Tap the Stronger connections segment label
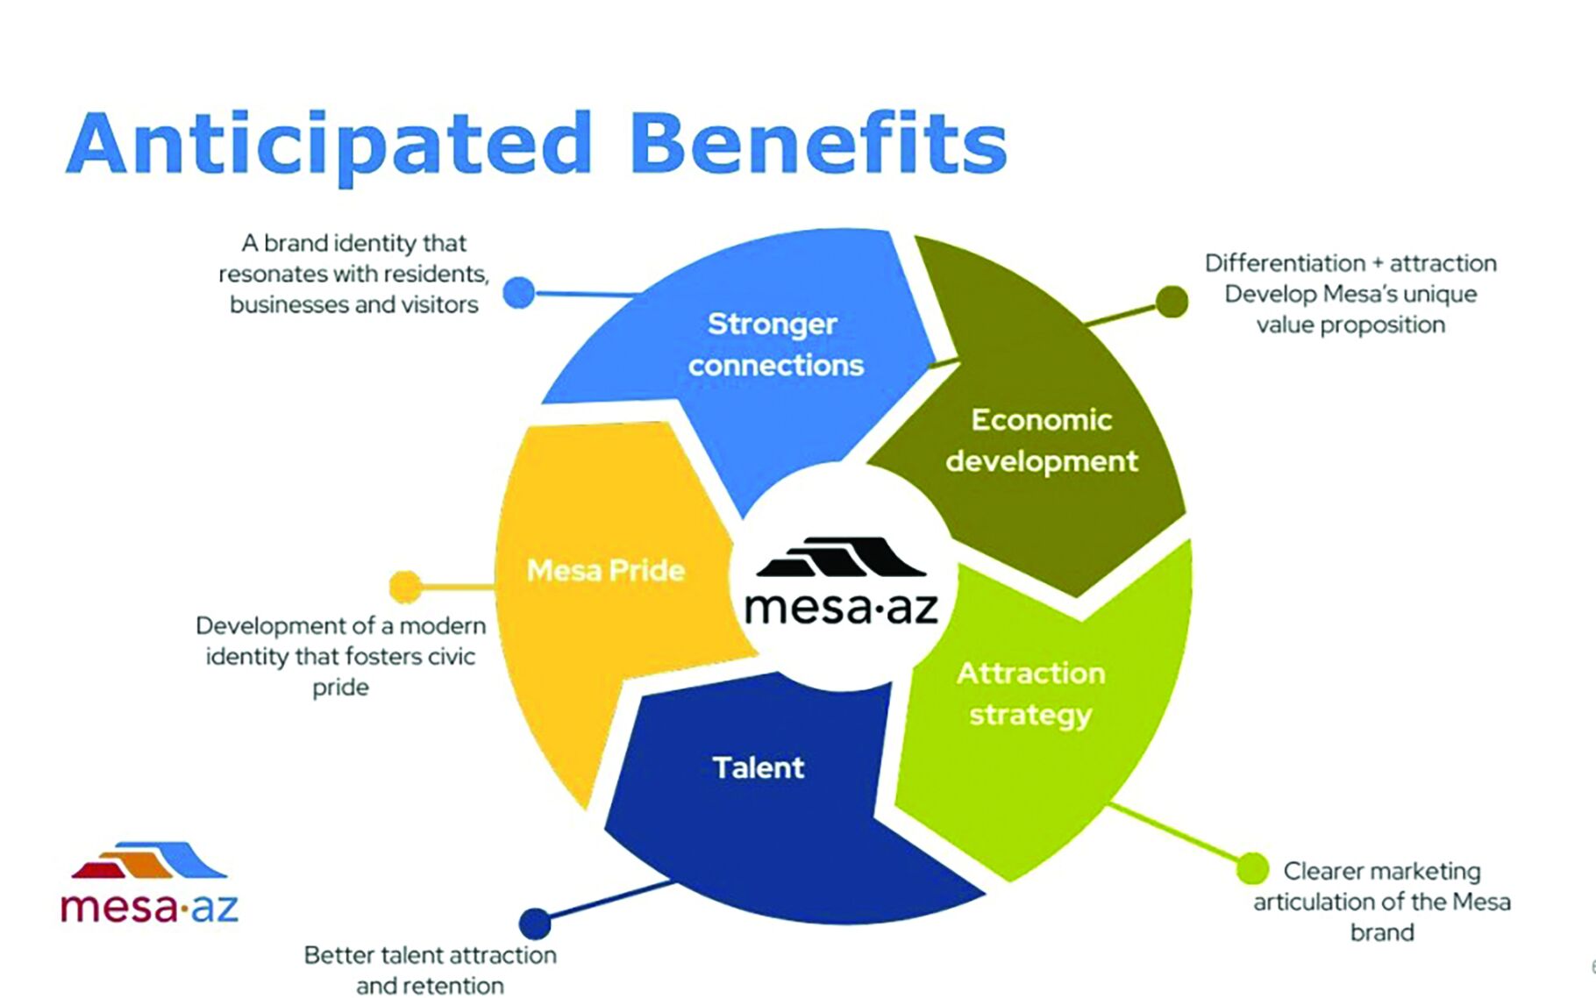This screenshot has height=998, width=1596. click(x=775, y=344)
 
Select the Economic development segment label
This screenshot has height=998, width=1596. click(x=1042, y=440)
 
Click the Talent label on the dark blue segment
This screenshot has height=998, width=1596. click(x=759, y=767)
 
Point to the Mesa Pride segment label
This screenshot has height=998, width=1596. click(x=606, y=570)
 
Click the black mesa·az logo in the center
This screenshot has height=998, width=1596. click(x=841, y=580)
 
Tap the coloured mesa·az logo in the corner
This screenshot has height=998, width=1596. click(x=149, y=882)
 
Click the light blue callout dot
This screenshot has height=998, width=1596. click(x=519, y=293)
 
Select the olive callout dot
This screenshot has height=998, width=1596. click(x=1172, y=302)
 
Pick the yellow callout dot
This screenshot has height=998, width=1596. click(x=405, y=587)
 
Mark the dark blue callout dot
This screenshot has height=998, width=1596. click(x=535, y=923)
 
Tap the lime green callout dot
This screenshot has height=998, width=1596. click(x=1253, y=868)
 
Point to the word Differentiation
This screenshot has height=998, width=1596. click(x=1286, y=263)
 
